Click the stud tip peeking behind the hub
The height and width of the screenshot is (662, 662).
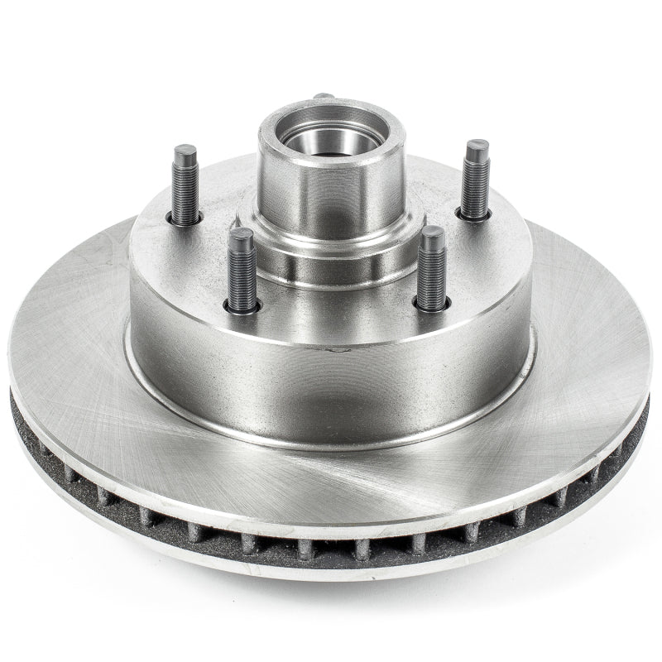pyautogui.click(x=324, y=97)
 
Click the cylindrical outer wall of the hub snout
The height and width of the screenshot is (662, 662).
pyautogui.click(x=331, y=190)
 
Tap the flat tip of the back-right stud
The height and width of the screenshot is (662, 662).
pyautogui.click(x=477, y=148)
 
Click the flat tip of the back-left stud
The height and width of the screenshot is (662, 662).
pyautogui.click(x=185, y=153)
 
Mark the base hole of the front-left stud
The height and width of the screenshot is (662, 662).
pyautogui.click(x=242, y=306)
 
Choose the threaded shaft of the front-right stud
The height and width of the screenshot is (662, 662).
pyautogui.click(x=431, y=277)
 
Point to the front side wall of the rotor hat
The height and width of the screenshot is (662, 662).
pyautogui.click(x=331, y=389)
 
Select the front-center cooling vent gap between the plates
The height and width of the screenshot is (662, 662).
pyautogui.click(x=331, y=548)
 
